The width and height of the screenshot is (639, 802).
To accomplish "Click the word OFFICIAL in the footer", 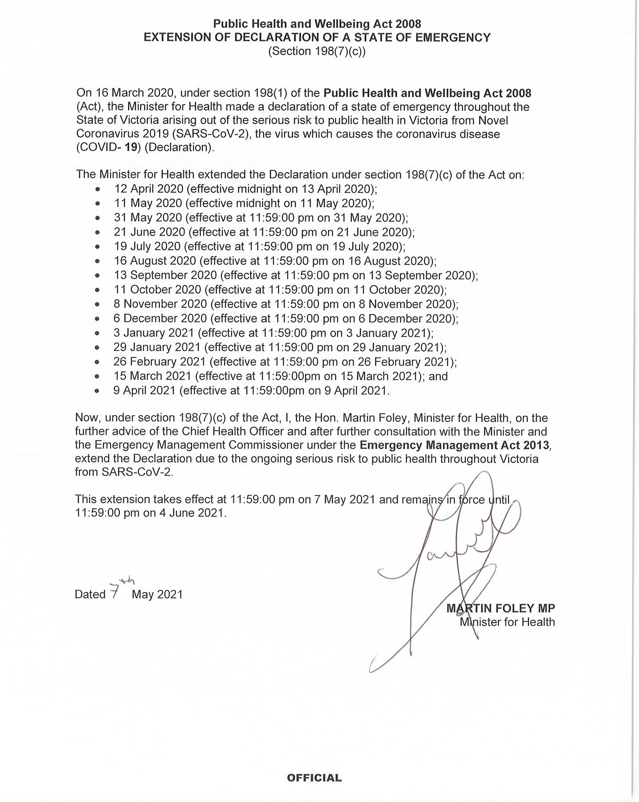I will tap(314, 778).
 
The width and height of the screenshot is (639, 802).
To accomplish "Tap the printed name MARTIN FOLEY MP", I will tap(501, 608).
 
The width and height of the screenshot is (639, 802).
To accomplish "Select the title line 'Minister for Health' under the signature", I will tap(507, 622).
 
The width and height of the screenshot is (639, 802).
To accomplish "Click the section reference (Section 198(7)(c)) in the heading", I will tap(317, 51).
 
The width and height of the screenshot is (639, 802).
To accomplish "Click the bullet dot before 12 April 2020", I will tap(98, 189).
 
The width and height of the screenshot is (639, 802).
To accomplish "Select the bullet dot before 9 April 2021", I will tap(98, 391).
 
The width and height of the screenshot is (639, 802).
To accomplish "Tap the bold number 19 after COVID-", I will tap(130, 147).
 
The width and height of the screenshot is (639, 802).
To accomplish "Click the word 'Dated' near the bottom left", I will tap(90, 594).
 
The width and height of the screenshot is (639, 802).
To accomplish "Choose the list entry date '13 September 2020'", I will tap(165, 275).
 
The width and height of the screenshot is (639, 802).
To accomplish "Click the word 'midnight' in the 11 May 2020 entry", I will tap(260, 204).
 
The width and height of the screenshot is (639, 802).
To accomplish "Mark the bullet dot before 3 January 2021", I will tap(98, 334).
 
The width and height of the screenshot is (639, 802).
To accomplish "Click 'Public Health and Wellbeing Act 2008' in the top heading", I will tap(317, 24).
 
